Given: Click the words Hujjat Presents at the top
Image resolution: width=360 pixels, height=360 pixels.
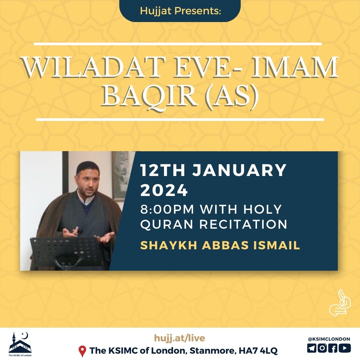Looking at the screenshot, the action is tap(180, 11).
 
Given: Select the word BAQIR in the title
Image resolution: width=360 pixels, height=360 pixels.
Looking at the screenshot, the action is tap(150, 96).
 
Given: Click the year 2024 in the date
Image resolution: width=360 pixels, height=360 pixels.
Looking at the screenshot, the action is tap(164, 190).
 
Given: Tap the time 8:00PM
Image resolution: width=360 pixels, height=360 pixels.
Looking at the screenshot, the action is tap(167, 209).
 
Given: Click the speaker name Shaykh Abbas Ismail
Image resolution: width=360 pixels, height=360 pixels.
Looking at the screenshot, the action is tap(220, 245).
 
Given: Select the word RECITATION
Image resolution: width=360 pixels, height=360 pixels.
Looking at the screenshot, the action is tap(243, 224).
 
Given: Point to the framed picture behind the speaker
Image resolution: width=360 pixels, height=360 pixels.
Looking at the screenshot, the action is tap(120, 176).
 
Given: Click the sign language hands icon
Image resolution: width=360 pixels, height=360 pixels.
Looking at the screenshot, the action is tap(340, 303).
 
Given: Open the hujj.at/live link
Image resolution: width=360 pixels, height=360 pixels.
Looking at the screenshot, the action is tap(179, 338).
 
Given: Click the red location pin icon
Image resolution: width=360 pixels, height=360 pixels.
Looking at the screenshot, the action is tap(82, 351).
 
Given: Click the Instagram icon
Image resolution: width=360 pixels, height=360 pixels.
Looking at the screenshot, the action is tap(322, 348).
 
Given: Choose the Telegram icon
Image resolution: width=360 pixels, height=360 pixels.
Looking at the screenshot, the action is tap(312, 348).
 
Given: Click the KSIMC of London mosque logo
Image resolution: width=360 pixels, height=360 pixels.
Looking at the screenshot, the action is tap(20, 344).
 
